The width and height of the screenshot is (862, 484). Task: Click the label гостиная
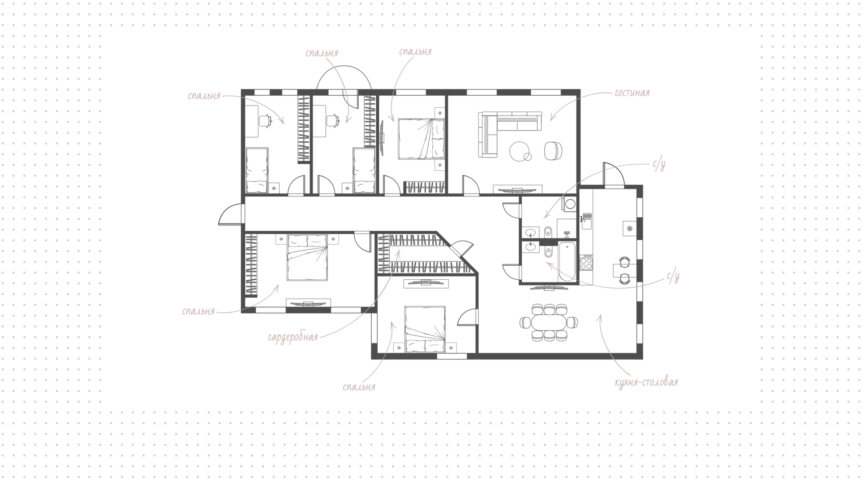pyautogui.click(x=632, y=93)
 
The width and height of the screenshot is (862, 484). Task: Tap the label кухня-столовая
pyautogui.click(x=646, y=383)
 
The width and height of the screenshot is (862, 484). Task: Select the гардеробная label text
pyautogui.click(x=293, y=337)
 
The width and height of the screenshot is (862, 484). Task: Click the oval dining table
pyautogui.click(x=549, y=322)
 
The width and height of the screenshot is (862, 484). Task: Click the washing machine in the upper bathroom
pyautogui.click(x=570, y=205)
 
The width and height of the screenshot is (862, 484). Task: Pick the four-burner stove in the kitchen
pyautogui.click(x=586, y=262)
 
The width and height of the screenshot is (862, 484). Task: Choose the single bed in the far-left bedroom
pyautogui.click(x=257, y=171)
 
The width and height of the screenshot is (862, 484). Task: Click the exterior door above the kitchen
pyautogui.click(x=613, y=174)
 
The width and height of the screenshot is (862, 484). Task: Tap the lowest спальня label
pyautogui.click(x=359, y=387)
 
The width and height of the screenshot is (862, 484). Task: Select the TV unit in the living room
pyautogui.click(x=519, y=189)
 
